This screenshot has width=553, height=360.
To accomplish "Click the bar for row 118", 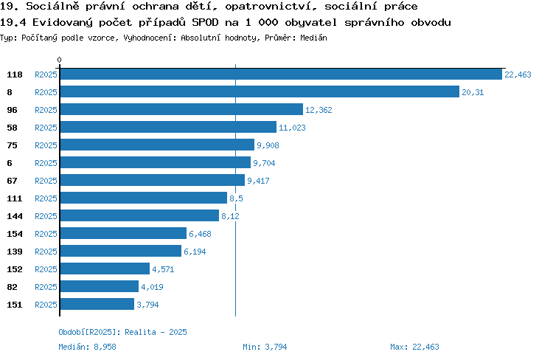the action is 281,74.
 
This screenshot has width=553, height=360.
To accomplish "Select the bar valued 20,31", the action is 260,91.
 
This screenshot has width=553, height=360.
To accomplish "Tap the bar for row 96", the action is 181,109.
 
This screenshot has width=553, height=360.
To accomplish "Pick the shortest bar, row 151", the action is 97,304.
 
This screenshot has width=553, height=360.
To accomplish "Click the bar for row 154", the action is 123,233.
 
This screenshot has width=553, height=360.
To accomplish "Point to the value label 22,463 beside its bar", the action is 518,75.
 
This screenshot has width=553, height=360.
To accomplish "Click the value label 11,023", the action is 292,128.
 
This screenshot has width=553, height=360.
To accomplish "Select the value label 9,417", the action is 258,181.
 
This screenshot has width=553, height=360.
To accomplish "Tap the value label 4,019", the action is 152,287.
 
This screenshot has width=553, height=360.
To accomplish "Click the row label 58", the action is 12,128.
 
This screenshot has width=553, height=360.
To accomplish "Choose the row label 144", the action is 15,216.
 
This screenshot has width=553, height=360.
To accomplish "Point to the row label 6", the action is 10,163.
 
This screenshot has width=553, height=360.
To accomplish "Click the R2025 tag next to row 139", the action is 46,252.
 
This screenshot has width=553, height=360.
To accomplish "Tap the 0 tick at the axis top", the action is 59,60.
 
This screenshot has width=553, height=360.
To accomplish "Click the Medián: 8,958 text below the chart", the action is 87,347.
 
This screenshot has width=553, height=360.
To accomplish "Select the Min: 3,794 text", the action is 265,347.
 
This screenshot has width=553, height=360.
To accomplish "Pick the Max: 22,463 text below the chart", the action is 414,347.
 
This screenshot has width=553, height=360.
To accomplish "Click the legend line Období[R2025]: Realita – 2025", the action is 122,332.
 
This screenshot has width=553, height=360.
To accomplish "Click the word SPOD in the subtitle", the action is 205,22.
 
